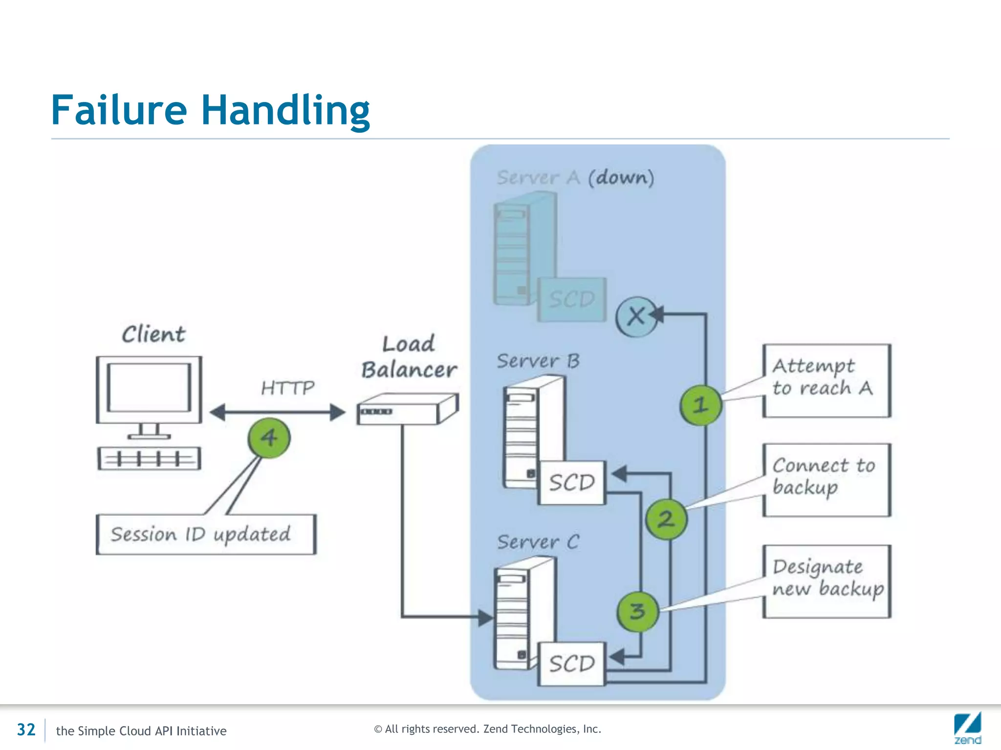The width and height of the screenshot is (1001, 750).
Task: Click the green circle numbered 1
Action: (x=700, y=404)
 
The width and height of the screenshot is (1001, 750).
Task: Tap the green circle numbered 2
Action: (x=666, y=519)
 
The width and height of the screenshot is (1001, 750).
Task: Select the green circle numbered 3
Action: (x=638, y=611)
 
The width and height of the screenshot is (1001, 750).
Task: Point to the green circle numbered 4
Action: (x=269, y=437)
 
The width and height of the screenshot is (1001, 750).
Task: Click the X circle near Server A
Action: (x=636, y=317)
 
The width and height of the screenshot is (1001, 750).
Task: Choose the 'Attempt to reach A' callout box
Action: (x=827, y=381)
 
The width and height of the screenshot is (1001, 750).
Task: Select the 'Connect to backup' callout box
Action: (x=827, y=480)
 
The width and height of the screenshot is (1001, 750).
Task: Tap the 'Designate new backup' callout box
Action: (x=827, y=582)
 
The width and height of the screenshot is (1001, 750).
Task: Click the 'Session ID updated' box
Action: (x=206, y=534)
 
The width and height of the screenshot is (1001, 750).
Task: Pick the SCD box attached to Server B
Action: (x=572, y=482)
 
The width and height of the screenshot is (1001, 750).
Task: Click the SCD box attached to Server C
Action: (x=572, y=664)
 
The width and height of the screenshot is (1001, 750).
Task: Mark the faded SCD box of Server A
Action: (x=572, y=299)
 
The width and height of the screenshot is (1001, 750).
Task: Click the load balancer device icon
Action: (x=408, y=409)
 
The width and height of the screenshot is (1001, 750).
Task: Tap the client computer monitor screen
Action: (x=149, y=388)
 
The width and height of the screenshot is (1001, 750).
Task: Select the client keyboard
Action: (x=149, y=458)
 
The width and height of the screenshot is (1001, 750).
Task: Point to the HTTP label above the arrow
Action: (x=288, y=388)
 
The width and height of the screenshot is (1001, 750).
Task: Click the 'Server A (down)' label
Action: (x=575, y=177)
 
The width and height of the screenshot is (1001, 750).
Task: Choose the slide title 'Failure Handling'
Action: (x=211, y=110)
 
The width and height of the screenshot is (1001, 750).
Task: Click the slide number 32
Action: (x=26, y=729)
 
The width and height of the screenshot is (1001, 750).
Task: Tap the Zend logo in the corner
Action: (x=968, y=728)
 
